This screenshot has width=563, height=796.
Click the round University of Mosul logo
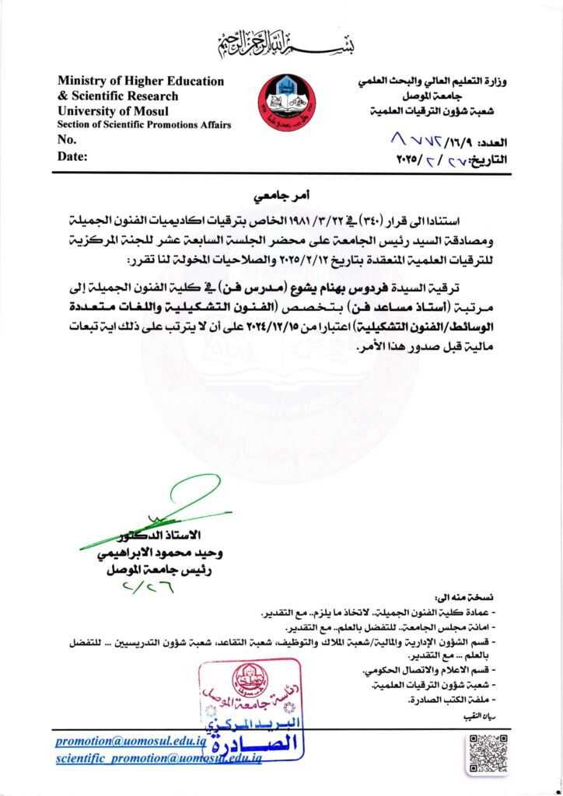click(x=287, y=102)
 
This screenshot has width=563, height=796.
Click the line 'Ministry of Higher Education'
click(x=141, y=81)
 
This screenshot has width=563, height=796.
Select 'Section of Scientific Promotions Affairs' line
click(x=144, y=125)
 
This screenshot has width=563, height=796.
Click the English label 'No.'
click(x=67, y=140)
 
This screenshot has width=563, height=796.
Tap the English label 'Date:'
click(x=73, y=156)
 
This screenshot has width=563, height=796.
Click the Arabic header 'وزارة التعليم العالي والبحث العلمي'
click(x=435, y=82)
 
